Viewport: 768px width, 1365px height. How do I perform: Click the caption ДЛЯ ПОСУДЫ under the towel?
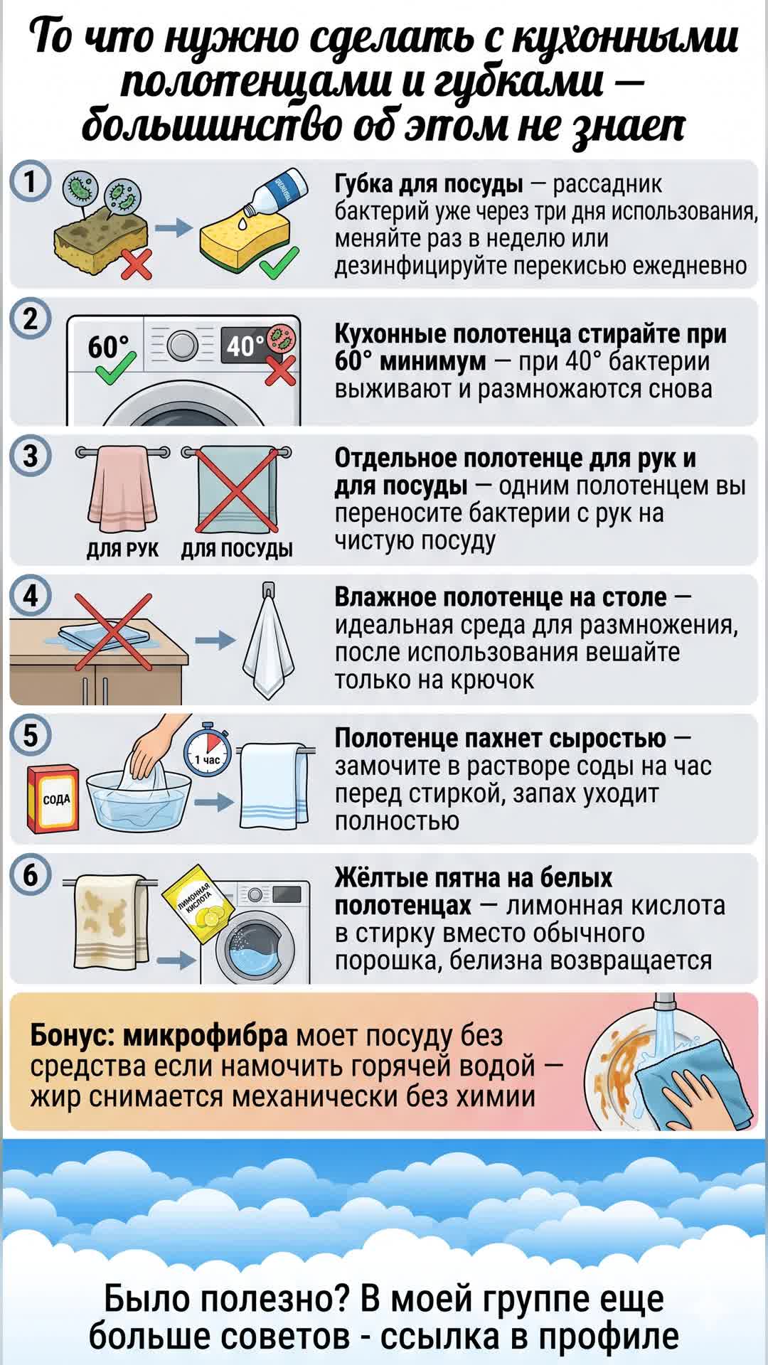click(x=237, y=550)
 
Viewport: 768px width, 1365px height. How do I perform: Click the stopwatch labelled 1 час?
click(x=208, y=752)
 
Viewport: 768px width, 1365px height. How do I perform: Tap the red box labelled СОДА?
click(x=53, y=798)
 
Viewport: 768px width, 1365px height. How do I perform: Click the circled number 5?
click(x=30, y=734)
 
